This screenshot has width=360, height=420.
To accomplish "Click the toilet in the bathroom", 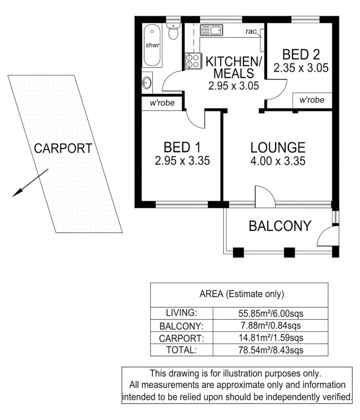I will (173, 32).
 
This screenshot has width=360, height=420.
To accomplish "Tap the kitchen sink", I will (211, 30).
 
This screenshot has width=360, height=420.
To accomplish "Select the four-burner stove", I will (192, 61).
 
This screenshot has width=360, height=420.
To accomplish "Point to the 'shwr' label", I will (151, 45).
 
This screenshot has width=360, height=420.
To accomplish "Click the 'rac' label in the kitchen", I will (251, 31).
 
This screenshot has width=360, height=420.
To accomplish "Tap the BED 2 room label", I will (301, 54).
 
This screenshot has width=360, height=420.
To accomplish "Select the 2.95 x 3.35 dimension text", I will (182, 161).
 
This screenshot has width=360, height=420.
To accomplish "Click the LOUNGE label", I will (278, 147).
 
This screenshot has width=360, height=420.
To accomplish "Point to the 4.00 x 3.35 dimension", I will (278, 161).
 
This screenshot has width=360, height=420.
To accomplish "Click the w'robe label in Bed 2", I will (311, 100).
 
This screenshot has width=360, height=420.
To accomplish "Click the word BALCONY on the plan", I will (280, 225).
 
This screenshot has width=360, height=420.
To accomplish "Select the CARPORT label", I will (63, 148).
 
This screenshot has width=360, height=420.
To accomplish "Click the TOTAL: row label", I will (182, 350).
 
